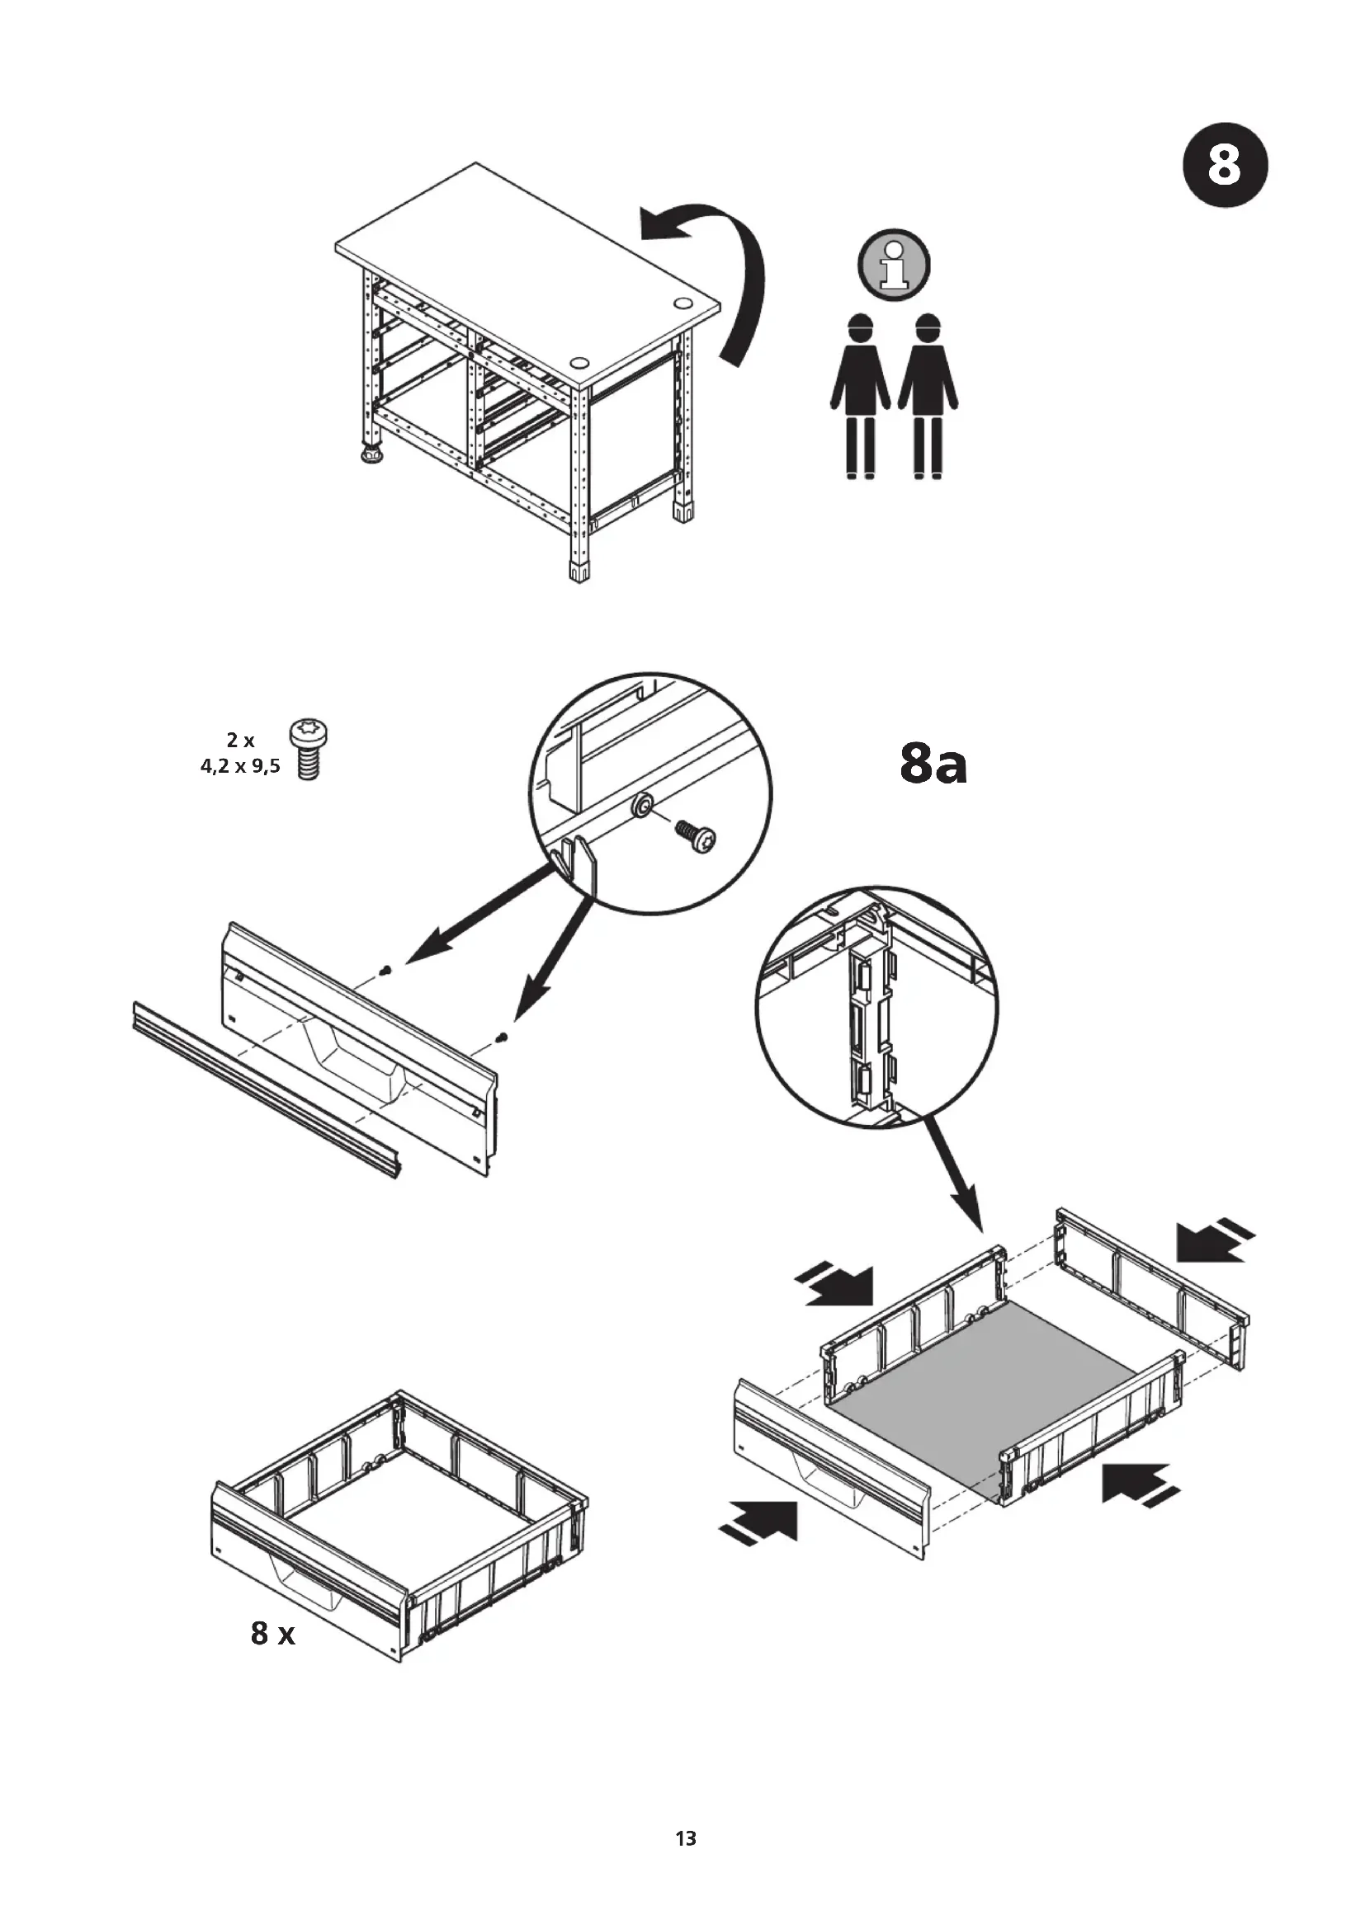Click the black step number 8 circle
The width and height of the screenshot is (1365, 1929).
click(1225, 166)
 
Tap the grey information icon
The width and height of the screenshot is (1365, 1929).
click(895, 263)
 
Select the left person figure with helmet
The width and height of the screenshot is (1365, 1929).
click(860, 395)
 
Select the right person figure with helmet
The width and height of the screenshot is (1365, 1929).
click(928, 395)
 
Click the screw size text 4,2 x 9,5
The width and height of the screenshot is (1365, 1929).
click(239, 766)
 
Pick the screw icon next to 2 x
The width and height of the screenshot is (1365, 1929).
click(309, 750)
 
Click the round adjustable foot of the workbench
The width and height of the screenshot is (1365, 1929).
click(371, 454)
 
